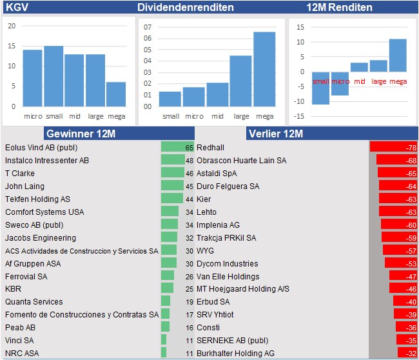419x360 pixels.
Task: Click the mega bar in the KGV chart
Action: click(x=116, y=94)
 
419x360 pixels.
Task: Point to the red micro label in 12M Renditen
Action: click(x=340, y=81)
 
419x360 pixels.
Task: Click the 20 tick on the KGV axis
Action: click(x=11, y=26)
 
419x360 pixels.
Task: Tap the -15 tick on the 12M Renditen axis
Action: click(x=300, y=116)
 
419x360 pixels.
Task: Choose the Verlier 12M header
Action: click(x=275, y=134)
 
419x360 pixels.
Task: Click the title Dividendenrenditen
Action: click(x=186, y=7)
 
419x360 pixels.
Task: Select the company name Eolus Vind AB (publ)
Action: click(x=41, y=147)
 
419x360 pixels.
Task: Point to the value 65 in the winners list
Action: click(x=190, y=147)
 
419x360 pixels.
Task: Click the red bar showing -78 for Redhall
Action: click(x=393, y=147)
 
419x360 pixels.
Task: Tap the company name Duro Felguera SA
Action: click(x=228, y=186)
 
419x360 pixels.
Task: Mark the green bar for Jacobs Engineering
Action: click(x=169, y=237)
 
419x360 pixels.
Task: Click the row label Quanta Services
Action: click(x=34, y=301)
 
